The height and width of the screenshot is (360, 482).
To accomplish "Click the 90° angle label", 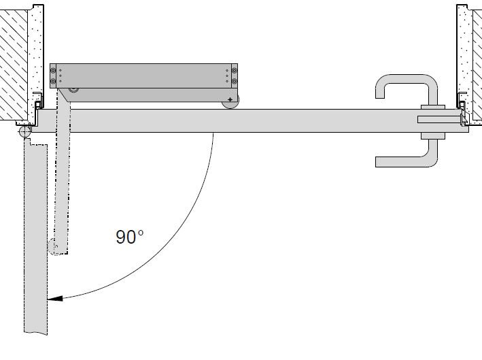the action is pos(129,237).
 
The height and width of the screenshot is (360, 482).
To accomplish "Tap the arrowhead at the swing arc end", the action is pos(55,298).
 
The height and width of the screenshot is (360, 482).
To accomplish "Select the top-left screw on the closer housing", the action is pos(53,71).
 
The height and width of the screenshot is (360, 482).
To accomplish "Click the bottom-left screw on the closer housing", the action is pos(53,81).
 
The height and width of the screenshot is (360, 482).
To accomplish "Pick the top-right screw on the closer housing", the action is pos(235,71).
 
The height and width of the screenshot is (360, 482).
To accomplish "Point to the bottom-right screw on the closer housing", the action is pos(235,81).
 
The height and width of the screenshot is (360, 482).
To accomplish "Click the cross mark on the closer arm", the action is pos(230,99).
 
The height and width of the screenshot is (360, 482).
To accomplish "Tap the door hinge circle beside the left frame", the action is pos(24,132).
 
